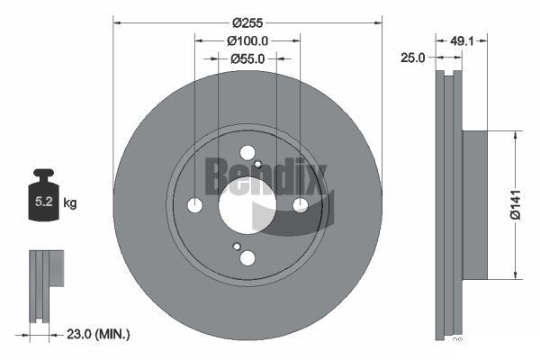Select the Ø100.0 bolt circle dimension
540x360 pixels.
coord(247,41)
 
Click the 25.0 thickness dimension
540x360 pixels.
coord(412,58)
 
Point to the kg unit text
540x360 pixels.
coord(70,203)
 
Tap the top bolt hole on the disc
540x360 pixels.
coord(247,153)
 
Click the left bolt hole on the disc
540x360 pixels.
coord(194,205)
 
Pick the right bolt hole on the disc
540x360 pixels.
coord(300,205)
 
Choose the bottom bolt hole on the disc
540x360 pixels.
coord(247,258)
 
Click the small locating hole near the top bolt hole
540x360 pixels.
coord(258,164)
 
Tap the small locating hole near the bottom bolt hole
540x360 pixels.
coord(237,247)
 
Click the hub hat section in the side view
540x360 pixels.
coord(473,204)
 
